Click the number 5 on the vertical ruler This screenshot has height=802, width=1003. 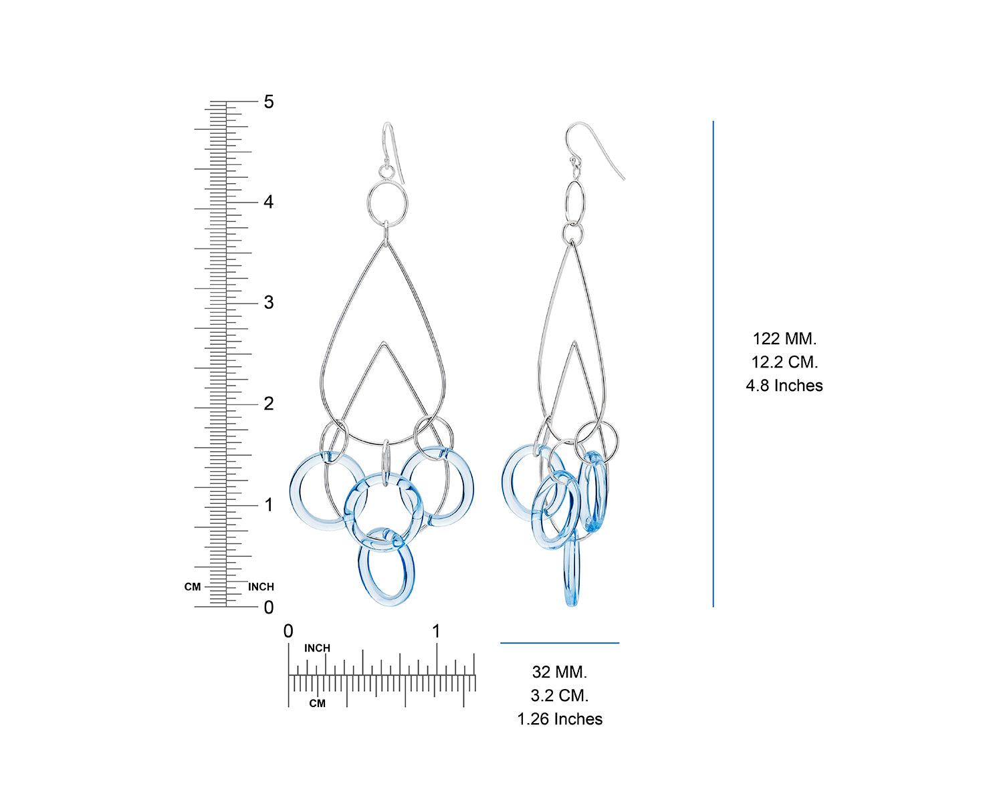tap(269, 102)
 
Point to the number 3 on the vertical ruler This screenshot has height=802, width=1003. tap(269, 302)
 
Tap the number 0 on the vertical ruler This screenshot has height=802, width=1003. tap(269, 607)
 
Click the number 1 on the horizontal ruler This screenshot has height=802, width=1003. tap(436, 631)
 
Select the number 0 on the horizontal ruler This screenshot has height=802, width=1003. tap(288, 631)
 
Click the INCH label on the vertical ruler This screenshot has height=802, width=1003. tap(261, 587)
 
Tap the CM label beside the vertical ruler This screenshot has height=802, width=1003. tap(193, 587)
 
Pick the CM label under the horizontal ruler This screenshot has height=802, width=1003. tap(318, 703)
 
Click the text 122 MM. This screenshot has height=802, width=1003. tap(784, 339)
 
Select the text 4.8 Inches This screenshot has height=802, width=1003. tap(784, 386)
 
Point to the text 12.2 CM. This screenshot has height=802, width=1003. tap(784, 362)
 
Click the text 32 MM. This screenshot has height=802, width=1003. tap(560, 672)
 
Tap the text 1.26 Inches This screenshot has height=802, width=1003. tap(560, 719)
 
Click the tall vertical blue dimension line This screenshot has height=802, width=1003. tap(713, 364)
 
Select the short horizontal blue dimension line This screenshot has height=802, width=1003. tap(560, 643)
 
